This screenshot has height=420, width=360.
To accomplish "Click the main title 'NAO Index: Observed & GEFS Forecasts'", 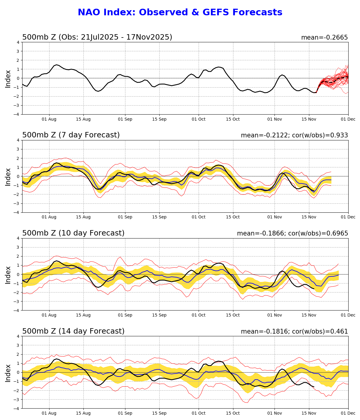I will (x=180, y=13).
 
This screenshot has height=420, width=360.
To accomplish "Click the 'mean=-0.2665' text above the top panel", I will (x=324, y=38).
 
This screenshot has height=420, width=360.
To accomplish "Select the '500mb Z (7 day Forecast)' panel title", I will (x=71, y=135).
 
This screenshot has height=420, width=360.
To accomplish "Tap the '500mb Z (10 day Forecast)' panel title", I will (x=73, y=233).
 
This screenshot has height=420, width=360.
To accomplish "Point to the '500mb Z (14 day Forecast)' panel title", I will (x=73, y=331).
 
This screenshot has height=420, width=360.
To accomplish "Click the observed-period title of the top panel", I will (x=97, y=37).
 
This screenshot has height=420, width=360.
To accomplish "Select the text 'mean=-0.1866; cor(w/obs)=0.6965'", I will (x=292, y=234).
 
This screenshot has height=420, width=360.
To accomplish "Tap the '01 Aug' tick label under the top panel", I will (x=49, y=119).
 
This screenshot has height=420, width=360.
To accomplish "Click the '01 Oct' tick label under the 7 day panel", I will (x=199, y=217).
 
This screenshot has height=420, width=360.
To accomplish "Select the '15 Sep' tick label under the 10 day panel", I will (x=159, y=315).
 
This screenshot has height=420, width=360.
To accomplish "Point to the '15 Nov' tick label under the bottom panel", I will (x=309, y=413).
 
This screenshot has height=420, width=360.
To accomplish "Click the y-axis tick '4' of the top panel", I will (x=18, y=42).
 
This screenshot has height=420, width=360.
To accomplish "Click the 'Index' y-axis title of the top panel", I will (x=8, y=79).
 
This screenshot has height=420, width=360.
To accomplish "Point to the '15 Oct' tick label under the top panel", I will (x=233, y=119).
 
